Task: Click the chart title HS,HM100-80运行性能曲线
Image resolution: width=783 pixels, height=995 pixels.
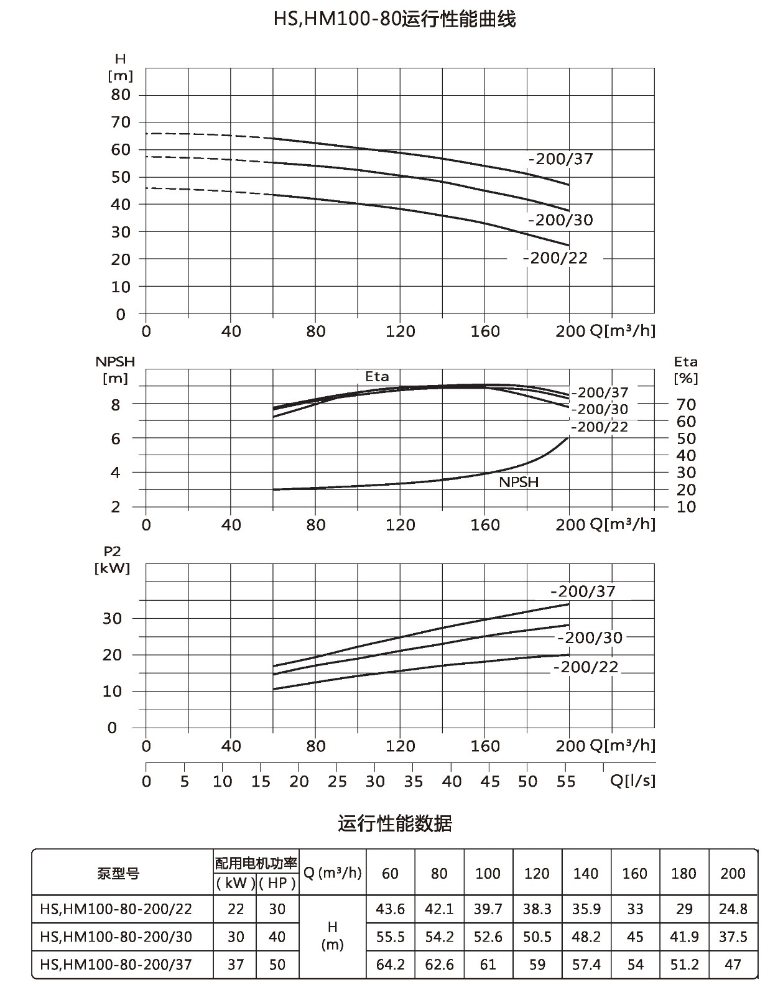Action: (394, 19)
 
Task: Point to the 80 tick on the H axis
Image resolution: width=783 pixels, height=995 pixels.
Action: (121, 95)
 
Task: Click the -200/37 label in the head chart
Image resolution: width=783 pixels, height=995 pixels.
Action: (560, 159)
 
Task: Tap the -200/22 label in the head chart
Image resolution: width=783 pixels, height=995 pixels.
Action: (555, 258)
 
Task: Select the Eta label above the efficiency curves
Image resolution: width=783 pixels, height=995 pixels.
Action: (377, 376)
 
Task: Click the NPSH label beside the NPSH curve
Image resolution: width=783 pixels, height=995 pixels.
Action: (519, 482)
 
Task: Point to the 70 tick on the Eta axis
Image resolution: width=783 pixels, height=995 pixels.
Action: (686, 405)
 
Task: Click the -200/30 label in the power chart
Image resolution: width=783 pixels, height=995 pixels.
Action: (590, 638)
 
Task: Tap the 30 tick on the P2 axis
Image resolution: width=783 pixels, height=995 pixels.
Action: (113, 619)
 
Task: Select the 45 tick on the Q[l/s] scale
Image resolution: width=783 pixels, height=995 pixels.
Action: (490, 782)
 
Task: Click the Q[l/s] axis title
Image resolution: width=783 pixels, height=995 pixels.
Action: (632, 780)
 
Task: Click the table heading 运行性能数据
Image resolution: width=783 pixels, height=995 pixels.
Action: (394, 823)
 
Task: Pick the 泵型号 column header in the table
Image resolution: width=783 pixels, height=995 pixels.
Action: (118, 873)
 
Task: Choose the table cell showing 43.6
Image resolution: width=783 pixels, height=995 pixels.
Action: (391, 909)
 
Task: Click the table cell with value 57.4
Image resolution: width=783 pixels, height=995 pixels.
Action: (586, 965)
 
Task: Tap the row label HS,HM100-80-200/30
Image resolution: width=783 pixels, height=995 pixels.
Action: (116, 937)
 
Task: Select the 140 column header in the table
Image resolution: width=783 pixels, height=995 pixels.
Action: (586, 873)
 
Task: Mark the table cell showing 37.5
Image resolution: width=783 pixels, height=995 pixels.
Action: (733, 937)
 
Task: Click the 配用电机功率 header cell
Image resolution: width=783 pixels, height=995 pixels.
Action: (256, 863)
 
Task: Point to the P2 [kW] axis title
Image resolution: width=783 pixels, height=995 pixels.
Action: (113, 560)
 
